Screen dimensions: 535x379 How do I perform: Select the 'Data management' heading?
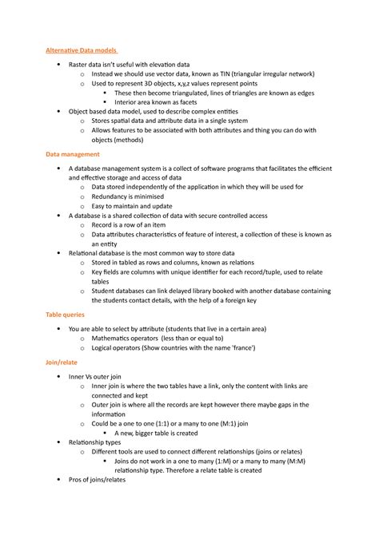(x=73, y=153)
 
